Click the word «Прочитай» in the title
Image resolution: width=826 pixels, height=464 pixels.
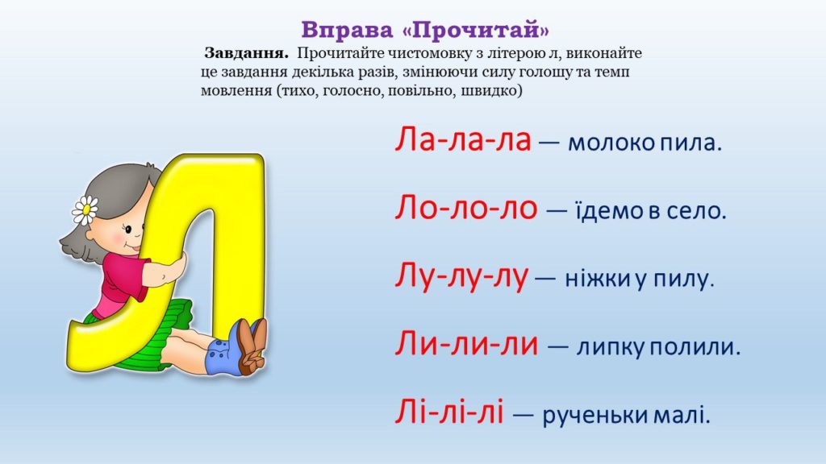(x=476, y=30)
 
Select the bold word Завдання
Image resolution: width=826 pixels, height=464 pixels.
(x=247, y=53)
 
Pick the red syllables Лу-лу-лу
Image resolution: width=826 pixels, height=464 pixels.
(x=461, y=277)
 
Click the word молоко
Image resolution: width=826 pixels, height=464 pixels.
(x=611, y=143)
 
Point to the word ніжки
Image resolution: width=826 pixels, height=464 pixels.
(x=598, y=278)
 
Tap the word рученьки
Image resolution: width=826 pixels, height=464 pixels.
(x=595, y=416)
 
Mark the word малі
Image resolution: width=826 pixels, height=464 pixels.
(x=682, y=415)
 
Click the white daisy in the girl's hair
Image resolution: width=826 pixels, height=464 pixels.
(x=85, y=210)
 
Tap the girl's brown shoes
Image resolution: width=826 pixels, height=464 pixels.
(x=252, y=346)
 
